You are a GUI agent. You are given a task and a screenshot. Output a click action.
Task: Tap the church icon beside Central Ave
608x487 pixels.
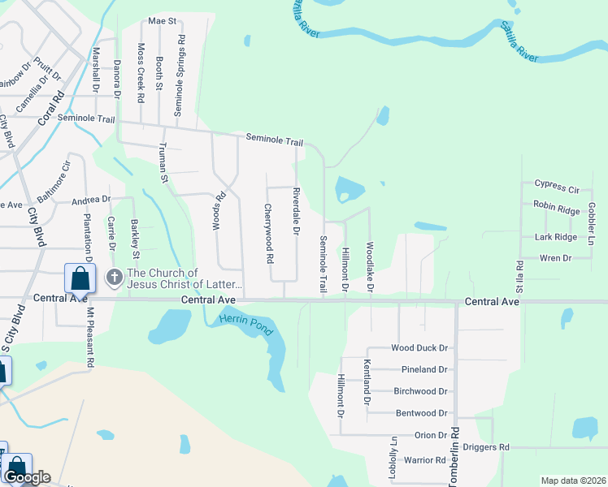115,278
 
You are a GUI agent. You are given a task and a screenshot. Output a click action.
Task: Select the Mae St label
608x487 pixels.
163,21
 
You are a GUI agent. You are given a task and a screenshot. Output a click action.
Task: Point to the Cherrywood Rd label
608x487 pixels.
269,233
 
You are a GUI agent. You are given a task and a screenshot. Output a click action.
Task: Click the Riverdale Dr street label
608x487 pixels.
297,212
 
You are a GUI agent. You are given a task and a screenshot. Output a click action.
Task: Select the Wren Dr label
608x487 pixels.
556,258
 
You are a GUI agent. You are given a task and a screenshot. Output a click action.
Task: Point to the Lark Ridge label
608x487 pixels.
556,237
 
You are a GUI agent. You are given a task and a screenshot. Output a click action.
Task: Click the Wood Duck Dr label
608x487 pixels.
419,348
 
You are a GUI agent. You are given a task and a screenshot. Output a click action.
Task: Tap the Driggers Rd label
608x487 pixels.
485,447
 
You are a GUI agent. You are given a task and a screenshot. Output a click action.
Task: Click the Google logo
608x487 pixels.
26,477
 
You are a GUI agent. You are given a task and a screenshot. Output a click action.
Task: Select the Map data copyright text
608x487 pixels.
572,481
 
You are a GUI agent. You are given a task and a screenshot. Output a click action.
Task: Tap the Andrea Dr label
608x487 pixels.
90,199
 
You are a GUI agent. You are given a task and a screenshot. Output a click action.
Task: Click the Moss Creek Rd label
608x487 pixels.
141,72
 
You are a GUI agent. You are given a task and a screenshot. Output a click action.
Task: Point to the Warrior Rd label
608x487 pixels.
425,460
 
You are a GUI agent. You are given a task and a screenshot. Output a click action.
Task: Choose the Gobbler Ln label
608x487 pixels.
592,219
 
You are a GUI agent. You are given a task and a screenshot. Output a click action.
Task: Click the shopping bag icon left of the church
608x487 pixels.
80,278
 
